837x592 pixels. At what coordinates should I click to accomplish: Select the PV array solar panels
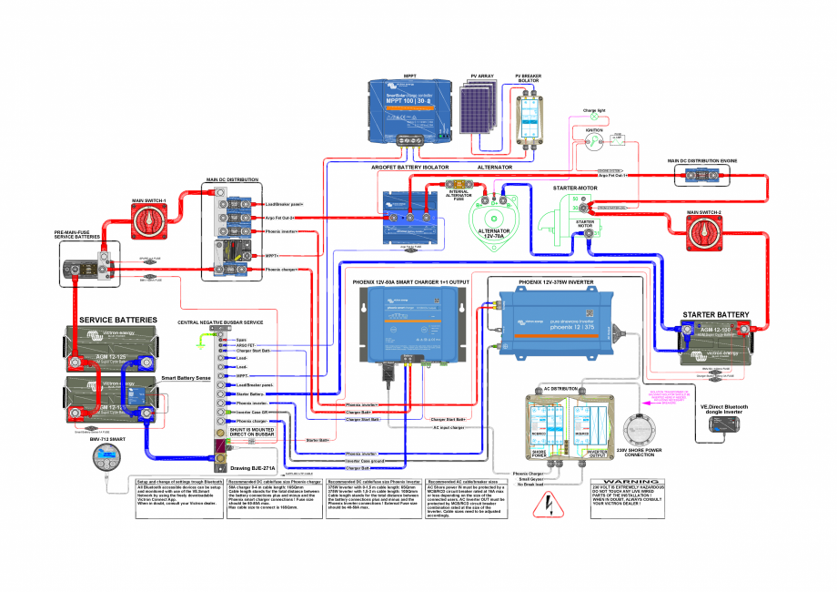[x=482, y=112]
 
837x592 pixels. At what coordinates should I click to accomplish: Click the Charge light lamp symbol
[x=596, y=117]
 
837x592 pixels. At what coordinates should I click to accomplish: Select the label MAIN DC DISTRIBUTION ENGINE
[x=701, y=161]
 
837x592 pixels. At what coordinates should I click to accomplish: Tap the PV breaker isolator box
[x=530, y=113]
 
